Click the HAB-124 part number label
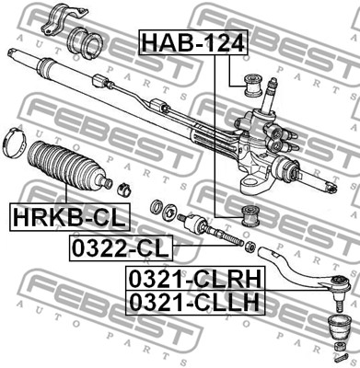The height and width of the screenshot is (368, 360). [x=193, y=42]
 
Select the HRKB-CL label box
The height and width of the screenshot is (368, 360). [x=70, y=217]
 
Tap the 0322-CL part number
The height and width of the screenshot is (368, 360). [x=121, y=247]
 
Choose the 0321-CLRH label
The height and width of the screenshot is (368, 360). [x=195, y=279]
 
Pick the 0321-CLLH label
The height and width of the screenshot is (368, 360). [x=195, y=302]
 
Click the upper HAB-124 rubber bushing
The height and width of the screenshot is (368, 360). [x=252, y=85]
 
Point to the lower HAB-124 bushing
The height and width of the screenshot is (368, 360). [x=251, y=216]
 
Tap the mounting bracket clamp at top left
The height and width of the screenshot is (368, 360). [x=64, y=20]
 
